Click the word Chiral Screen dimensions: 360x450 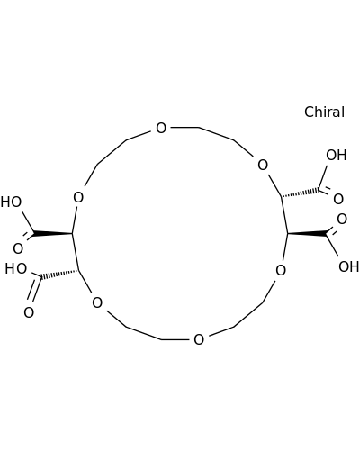coord(324,112)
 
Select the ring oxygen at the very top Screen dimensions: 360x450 coord(161,128)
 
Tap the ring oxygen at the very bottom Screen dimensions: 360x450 coord(199,339)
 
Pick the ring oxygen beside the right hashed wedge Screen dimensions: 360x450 coord(263,165)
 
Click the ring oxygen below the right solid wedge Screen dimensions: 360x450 coord(281,270)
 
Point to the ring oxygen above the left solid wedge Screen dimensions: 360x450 coord(78,197)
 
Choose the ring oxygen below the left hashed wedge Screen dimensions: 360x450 coord(97,302)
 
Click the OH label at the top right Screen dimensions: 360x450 coord(337,155)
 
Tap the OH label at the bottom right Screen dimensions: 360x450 coord(348,266)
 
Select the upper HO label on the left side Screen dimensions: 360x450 coord(11,202)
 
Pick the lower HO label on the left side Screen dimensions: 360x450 coord(16,268)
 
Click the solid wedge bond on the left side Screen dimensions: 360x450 coord(52,233)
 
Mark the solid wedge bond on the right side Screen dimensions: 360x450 coord(307,233)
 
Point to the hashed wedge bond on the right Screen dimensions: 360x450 coord(301,193)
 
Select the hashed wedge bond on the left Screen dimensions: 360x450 coord(59,274)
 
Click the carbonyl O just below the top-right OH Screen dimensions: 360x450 coord(338,199)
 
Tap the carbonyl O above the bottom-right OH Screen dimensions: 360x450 coord(342,219)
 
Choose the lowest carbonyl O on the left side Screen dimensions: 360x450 coord(29,312)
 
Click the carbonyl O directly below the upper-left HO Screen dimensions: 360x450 coord(18,248)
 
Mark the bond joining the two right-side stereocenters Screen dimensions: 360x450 coord(284,215)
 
